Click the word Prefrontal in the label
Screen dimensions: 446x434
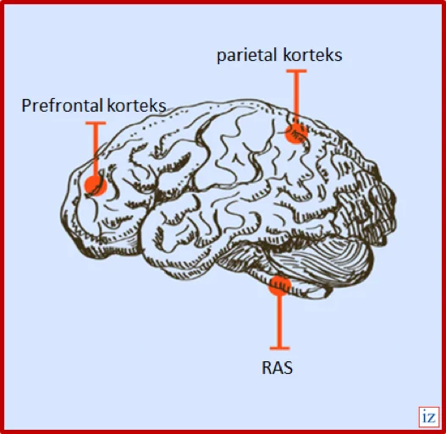point(62,106)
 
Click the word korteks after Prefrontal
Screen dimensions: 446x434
point(136,106)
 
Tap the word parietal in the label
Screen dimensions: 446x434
point(246,55)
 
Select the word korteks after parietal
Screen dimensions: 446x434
point(312,55)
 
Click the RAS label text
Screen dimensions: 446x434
point(277,368)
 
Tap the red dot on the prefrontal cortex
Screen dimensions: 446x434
point(96,185)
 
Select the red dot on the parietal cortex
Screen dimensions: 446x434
point(296,133)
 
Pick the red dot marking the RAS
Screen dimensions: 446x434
point(279,285)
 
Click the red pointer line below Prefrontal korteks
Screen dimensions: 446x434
point(96,149)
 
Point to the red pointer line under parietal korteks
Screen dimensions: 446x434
point(296,96)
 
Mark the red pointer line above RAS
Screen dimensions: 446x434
point(279,321)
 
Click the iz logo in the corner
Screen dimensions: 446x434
point(429,417)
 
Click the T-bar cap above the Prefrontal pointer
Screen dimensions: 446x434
point(96,124)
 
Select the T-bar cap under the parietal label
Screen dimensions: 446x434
point(296,71)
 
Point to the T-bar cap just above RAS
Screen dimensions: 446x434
point(279,348)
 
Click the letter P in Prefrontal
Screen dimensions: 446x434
point(26,106)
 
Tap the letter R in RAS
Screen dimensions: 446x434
point(267,368)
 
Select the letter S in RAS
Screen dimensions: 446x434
point(288,368)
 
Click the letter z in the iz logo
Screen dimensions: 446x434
point(432,418)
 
